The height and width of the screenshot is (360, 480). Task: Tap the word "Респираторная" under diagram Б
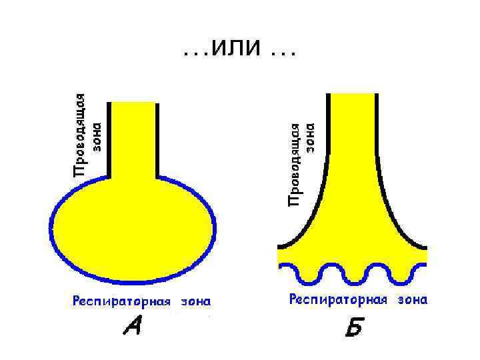click(338, 300)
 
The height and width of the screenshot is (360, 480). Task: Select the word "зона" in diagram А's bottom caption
click(195, 301)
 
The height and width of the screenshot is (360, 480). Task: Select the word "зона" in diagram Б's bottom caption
click(412, 300)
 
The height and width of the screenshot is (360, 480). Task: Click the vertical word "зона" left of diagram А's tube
click(97, 136)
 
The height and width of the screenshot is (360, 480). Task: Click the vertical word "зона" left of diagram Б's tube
click(311, 137)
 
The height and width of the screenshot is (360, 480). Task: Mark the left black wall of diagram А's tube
click(109, 140)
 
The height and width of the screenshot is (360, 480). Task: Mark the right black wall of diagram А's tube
click(158, 140)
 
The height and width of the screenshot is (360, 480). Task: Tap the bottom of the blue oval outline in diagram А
click(133, 282)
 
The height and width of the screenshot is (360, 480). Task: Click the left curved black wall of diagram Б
click(314, 213)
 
